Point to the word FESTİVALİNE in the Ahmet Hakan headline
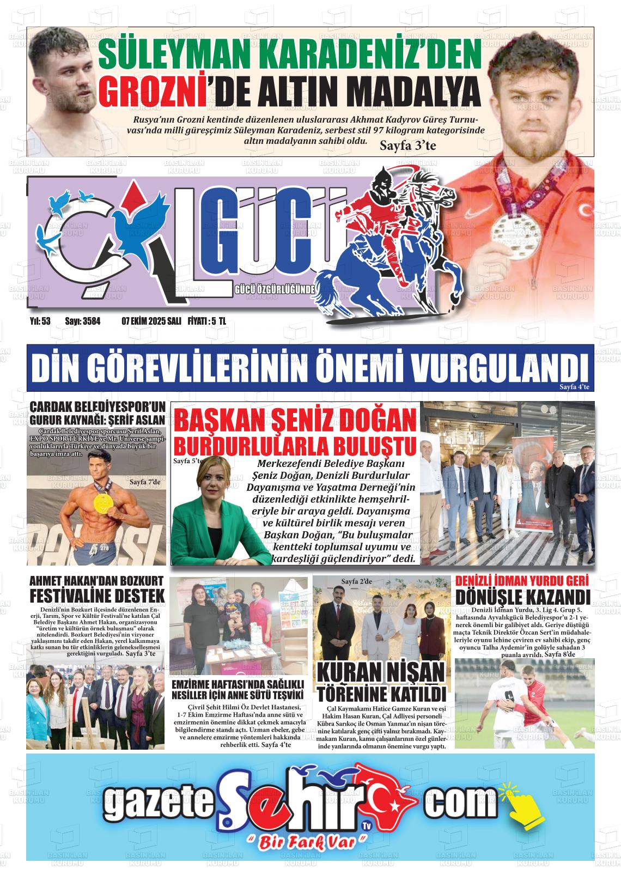pos(72,595)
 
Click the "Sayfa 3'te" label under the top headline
pos(407,145)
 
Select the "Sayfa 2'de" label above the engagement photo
pos(356,582)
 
